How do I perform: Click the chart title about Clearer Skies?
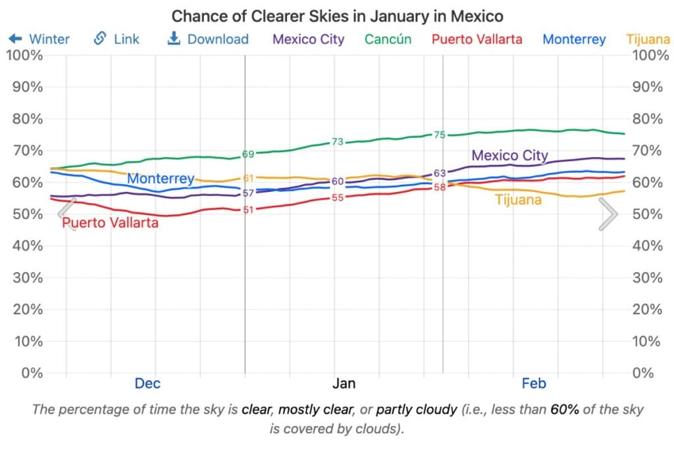(337, 15)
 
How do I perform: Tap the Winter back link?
(39, 39)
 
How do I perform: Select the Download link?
(208, 39)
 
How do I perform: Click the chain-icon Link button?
(117, 39)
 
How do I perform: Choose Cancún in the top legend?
(388, 39)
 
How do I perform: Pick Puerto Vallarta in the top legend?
(477, 39)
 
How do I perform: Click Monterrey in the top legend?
(574, 39)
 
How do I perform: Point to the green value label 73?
(338, 141)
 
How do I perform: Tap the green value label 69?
(248, 154)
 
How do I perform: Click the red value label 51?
(248, 210)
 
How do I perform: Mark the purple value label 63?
(440, 173)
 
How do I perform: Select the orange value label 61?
(248, 178)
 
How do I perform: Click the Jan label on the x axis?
(344, 383)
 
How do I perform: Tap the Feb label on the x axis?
(534, 383)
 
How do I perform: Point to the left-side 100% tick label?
(24, 55)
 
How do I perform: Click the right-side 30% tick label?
(649, 277)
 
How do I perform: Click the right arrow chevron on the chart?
(608, 214)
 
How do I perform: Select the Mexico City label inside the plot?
(510, 156)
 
